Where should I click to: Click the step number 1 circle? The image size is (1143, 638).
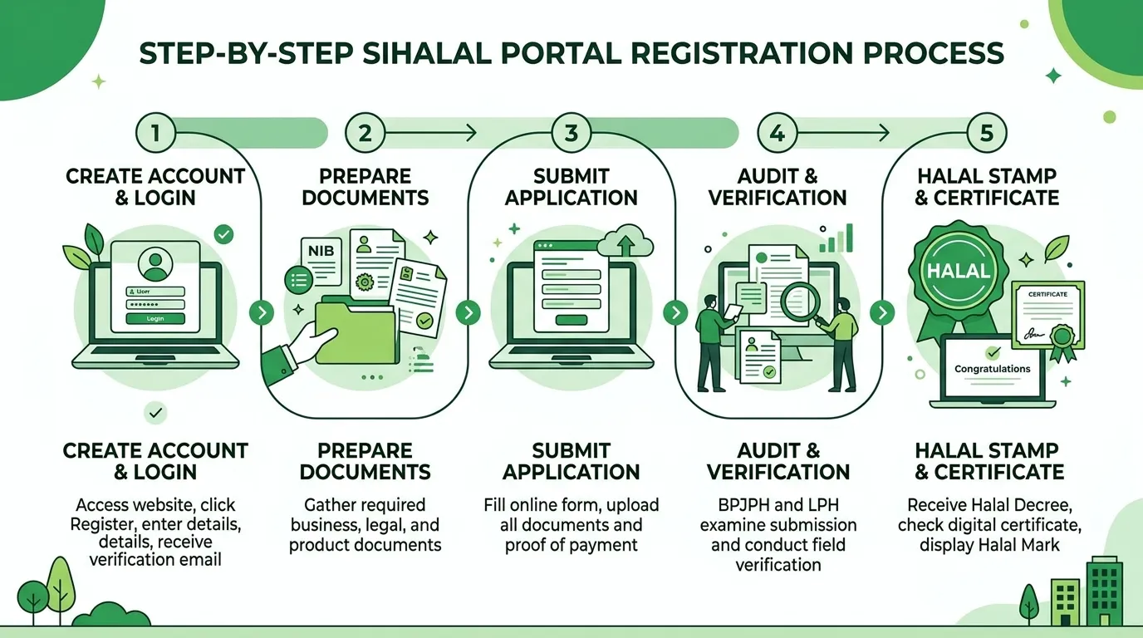(155, 133)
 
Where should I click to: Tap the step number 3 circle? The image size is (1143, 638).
(571, 133)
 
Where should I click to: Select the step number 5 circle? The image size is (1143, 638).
(986, 133)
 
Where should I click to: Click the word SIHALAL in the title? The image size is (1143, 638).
(427, 53)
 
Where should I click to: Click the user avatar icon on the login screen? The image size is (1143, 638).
(155, 264)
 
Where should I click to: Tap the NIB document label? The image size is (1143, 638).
(321, 251)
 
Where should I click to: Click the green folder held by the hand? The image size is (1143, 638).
(356, 331)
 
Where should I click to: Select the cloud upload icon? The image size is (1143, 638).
(625, 240)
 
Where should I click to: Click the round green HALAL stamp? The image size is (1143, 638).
(958, 270)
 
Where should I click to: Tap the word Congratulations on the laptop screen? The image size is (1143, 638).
(992, 369)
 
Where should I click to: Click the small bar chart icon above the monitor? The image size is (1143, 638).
(836, 238)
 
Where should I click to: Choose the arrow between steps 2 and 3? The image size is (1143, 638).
(431, 133)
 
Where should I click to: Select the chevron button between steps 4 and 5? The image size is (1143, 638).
(882, 312)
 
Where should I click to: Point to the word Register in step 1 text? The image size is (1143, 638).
(101, 524)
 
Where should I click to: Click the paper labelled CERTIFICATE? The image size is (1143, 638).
(1048, 316)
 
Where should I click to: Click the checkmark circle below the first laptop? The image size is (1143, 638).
(155, 412)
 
